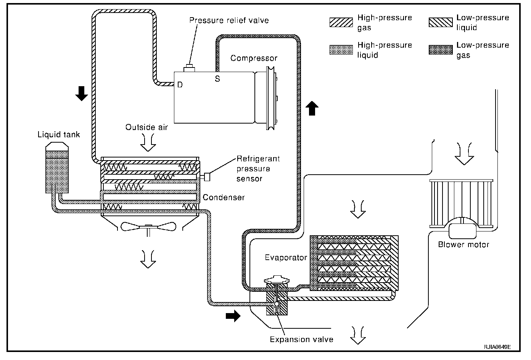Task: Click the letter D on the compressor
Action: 180,85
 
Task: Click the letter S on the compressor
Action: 217,79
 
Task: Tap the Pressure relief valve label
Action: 229,20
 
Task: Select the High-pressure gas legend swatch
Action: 341,22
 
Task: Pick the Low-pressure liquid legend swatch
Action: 441,22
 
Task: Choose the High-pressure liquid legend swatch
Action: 341,50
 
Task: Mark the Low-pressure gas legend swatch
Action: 441,50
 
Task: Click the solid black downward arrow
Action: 82,93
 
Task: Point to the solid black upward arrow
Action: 312,108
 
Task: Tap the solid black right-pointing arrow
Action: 233,316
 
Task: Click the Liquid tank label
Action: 58,135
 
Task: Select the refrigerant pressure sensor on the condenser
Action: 206,177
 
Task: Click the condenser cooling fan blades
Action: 148,227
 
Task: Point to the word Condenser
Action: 224,198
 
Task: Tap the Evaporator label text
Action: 286,258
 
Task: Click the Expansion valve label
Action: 301,340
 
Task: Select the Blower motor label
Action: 463,244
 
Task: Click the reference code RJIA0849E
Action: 497,347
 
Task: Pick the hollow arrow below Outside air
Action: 148,143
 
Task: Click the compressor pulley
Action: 270,98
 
